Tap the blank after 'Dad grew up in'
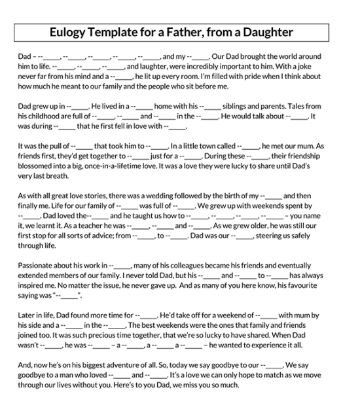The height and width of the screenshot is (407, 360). coord(78,106)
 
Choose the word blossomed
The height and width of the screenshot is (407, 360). coord(37,166)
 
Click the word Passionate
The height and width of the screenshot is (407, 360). coord(39,266)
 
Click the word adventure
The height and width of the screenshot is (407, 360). coord(128,365)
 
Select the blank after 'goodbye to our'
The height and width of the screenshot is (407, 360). coord(272,365)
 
